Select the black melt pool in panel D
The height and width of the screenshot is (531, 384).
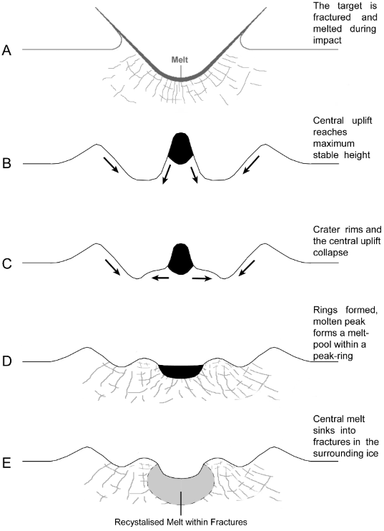click(180, 369)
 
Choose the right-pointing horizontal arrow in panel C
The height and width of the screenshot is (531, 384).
click(202, 278)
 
